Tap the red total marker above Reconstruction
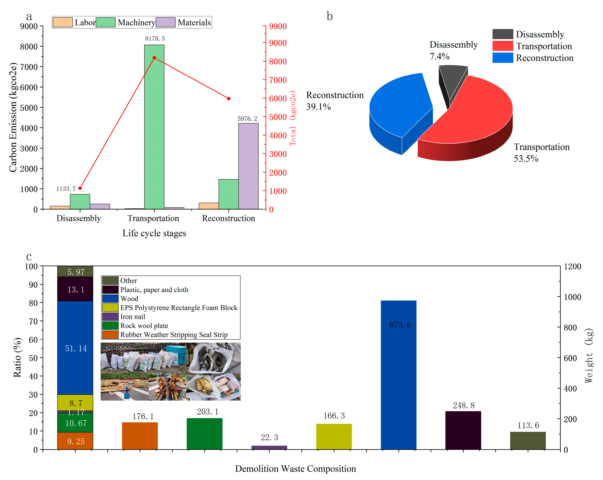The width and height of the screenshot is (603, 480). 228,99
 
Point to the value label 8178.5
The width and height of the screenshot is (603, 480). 155,39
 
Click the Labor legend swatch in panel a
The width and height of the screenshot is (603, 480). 63,22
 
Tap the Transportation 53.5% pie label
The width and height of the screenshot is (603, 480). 541,153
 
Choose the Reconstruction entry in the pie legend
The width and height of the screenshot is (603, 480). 544,58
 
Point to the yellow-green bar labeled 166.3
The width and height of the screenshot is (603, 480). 334,436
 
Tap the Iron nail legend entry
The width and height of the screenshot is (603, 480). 133,317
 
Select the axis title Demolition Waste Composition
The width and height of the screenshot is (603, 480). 295,468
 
